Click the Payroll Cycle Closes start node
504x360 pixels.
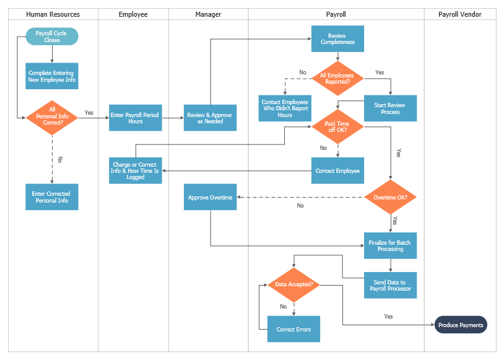click(x=52, y=37)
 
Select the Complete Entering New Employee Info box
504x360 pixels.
click(x=52, y=76)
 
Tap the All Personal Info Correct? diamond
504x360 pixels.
click(x=52, y=117)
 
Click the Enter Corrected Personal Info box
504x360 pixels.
click(x=52, y=197)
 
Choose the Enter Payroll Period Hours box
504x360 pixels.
click(x=136, y=118)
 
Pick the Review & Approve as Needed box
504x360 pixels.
click(x=210, y=118)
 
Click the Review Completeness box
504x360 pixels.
click(x=337, y=39)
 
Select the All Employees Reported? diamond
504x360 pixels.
click(x=337, y=77)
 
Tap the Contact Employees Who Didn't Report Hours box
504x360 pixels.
click(x=285, y=108)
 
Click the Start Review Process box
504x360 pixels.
click(x=390, y=108)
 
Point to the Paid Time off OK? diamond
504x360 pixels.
click(x=337, y=127)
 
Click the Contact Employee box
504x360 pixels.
click(x=337, y=170)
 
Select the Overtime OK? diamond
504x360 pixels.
click(x=390, y=198)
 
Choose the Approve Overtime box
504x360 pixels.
click(x=210, y=198)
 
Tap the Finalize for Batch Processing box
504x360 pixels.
click(x=390, y=245)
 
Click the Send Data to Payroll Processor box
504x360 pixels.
click(x=390, y=285)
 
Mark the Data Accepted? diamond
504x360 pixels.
click(x=293, y=285)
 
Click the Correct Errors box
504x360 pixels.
click(x=293, y=329)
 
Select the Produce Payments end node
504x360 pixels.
click(x=461, y=325)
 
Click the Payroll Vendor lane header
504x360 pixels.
click(x=459, y=14)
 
